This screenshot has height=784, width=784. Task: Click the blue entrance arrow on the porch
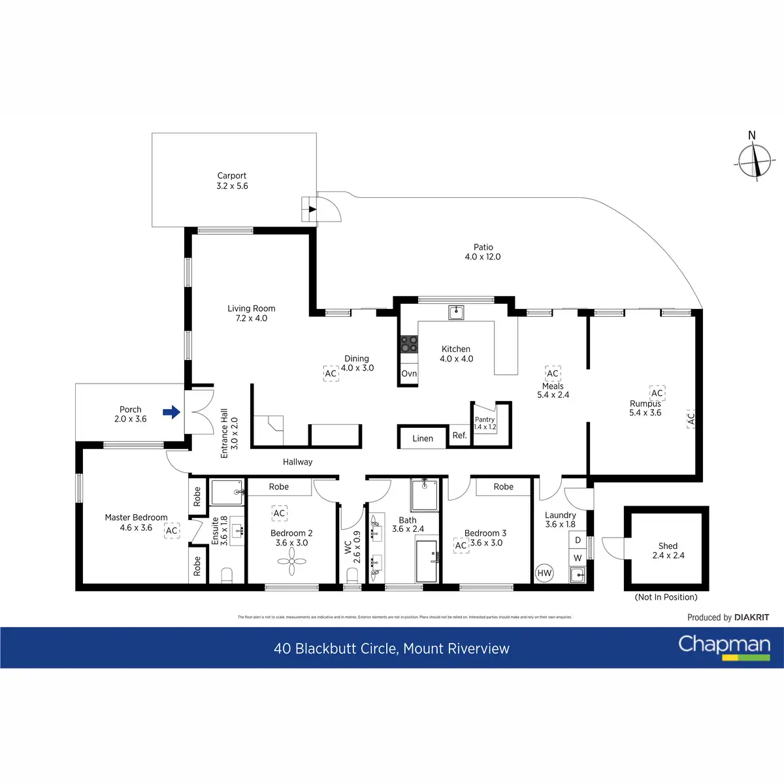pyautogui.click(x=171, y=412)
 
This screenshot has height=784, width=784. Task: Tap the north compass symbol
pyautogui.click(x=755, y=159)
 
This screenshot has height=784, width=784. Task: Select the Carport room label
pyautogui.click(x=232, y=180)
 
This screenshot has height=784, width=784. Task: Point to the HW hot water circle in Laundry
pyautogui.click(x=544, y=573)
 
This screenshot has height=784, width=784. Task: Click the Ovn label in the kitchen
pyautogui.click(x=409, y=374)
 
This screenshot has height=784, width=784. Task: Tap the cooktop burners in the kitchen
pyautogui.click(x=409, y=344)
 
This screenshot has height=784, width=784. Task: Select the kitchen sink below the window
pyautogui.click(x=456, y=312)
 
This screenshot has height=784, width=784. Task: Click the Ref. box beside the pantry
pyautogui.click(x=459, y=435)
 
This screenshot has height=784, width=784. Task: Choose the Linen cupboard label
pyautogui.click(x=423, y=438)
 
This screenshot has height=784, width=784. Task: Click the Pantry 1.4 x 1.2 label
pyautogui.click(x=485, y=423)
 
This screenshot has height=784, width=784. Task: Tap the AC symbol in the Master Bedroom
pyautogui.click(x=171, y=531)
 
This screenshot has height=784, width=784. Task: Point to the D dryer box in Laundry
pyautogui.click(x=578, y=540)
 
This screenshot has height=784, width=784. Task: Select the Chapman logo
pyautogui.click(x=724, y=646)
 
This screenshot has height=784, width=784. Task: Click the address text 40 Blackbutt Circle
pyautogui.click(x=391, y=649)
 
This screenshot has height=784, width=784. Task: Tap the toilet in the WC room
pyautogui.click(x=352, y=575)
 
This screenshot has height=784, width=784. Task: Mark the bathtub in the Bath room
pyautogui.click(x=427, y=560)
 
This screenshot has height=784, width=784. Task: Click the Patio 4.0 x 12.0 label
pyautogui.click(x=483, y=252)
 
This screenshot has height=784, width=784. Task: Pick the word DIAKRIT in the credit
pyautogui.click(x=751, y=617)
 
